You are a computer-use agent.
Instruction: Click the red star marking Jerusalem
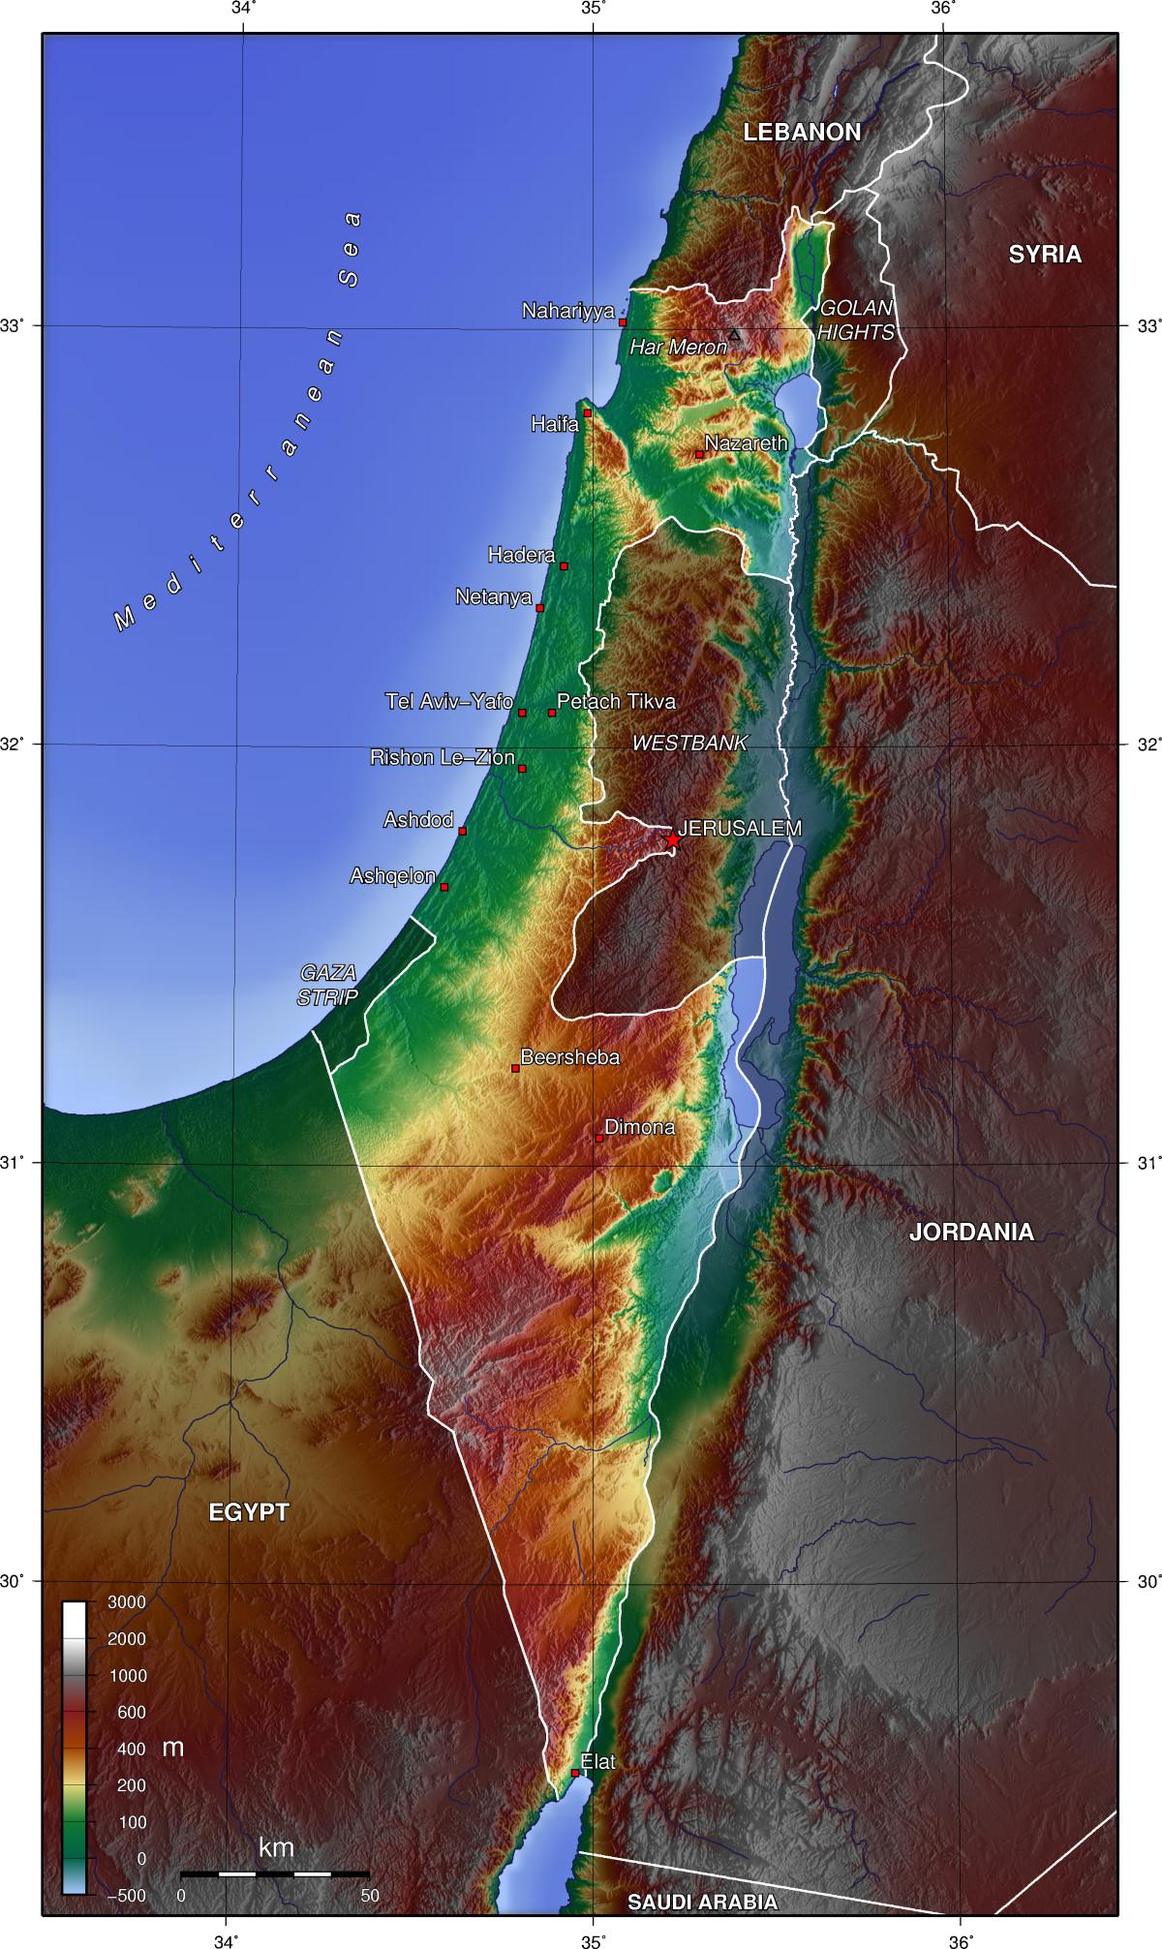point(673,841)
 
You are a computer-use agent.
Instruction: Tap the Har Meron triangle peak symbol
point(734,335)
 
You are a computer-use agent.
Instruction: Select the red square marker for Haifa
point(587,413)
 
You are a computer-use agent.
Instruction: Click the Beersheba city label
point(569,1057)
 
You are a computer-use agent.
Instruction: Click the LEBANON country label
point(802,133)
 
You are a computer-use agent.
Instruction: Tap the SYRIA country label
point(1045,255)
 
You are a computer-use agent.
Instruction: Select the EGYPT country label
point(249,1512)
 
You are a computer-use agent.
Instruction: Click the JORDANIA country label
point(971,1233)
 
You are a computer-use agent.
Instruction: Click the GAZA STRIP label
point(328,986)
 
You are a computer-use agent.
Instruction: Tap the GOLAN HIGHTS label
point(855,320)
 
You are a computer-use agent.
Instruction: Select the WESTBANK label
point(689,744)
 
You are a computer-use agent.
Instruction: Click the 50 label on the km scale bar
point(370,1895)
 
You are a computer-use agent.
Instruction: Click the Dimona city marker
point(599,1139)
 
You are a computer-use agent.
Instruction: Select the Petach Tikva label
point(616,701)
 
